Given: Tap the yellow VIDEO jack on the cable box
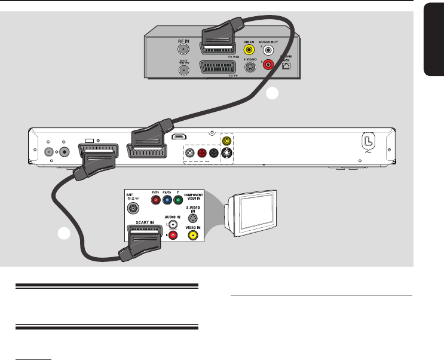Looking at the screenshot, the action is coord(250,51).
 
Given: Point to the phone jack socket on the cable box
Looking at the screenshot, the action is coord(287,66).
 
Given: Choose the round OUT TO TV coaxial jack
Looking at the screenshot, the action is coord(184,69).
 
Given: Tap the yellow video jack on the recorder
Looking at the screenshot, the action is coord(226,142).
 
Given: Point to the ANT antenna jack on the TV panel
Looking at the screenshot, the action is coord(131,209).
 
